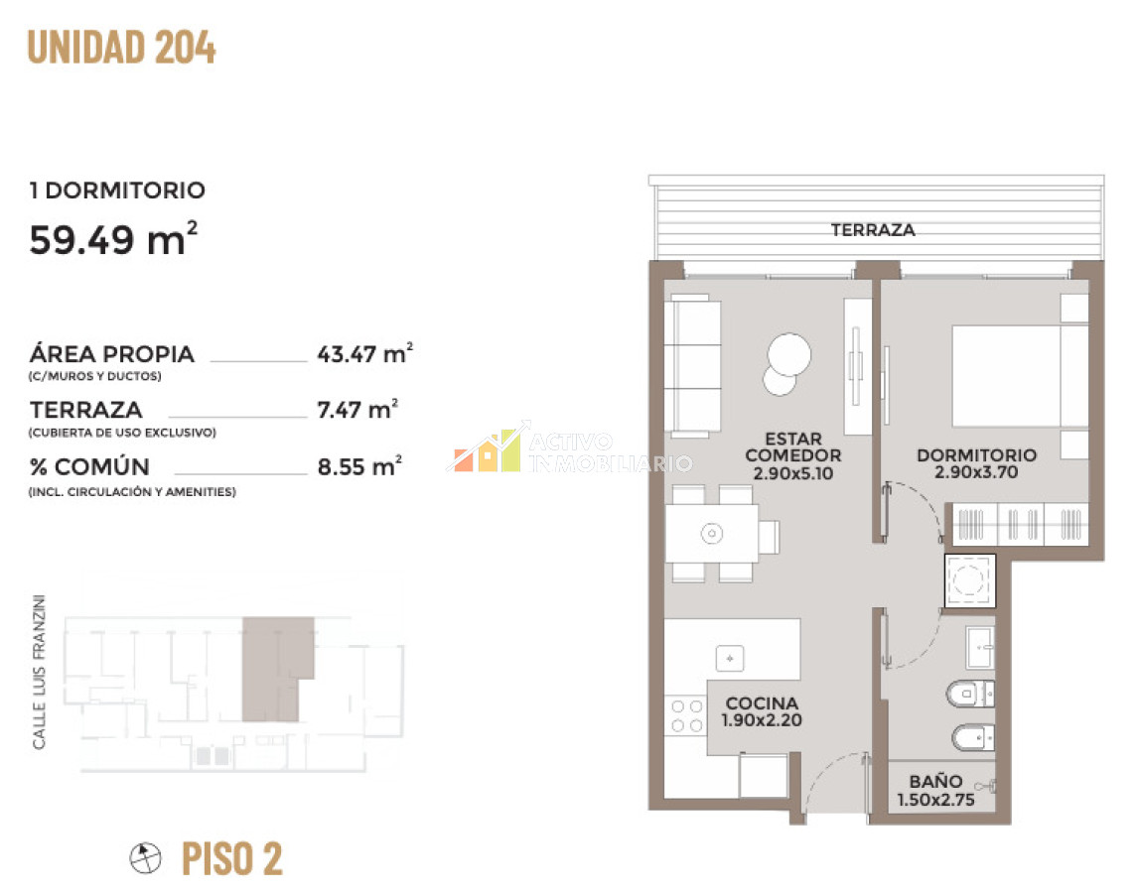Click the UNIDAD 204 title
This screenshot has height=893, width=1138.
121,48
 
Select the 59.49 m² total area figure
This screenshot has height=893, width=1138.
113,239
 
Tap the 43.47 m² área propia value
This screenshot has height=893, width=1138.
365,353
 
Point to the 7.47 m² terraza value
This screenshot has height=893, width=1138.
357,409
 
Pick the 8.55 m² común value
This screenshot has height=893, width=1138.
360,465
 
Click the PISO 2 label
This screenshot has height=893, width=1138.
232,858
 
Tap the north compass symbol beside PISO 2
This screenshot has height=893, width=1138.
145,858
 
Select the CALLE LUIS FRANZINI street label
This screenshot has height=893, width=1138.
39,672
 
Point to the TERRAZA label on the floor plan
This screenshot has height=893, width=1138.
873,230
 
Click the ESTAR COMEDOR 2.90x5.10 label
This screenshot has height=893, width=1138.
793,455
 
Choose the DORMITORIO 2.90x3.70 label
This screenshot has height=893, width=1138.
977,462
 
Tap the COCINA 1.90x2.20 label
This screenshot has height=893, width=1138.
762,710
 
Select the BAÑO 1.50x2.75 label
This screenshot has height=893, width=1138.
936,790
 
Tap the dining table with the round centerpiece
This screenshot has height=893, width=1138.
712,534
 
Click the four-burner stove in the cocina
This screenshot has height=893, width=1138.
686,715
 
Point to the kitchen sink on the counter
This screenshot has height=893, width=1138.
730,659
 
